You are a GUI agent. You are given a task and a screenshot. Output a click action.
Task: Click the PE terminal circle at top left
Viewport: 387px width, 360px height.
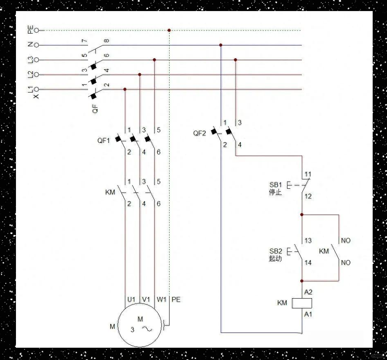click(x=36, y=30)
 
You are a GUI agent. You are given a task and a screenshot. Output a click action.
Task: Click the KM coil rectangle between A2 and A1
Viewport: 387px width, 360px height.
click(x=302, y=303)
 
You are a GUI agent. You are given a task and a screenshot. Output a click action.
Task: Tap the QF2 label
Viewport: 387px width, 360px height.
click(x=199, y=133)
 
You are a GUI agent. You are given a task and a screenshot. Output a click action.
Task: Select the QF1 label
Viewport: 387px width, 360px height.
click(x=104, y=140)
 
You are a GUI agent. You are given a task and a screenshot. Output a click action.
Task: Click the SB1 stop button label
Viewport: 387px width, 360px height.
click(x=275, y=185)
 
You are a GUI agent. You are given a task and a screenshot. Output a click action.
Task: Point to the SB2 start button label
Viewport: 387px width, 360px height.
click(x=275, y=251)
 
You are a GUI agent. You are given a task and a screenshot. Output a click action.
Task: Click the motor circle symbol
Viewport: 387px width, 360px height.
click(x=140, y=326)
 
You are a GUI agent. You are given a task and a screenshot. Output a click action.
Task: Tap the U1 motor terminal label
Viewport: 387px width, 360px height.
click(x=131, y=300)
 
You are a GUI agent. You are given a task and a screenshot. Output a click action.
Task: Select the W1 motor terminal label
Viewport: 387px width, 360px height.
click(x=161, y=300)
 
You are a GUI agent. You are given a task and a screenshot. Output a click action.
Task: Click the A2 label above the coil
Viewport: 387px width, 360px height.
click(x=308, y=292)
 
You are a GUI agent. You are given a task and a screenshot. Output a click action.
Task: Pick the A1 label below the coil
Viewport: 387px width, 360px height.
click(x=308, y=314)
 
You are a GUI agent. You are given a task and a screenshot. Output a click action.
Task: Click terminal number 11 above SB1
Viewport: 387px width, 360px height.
click(x=308, y=174)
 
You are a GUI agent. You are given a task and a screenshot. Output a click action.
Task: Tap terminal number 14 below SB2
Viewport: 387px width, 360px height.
click(x=308, y=263)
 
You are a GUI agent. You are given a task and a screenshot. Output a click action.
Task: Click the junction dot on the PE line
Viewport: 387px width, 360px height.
click(x=169, y=30)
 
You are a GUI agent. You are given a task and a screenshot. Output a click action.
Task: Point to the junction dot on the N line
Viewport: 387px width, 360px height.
click(x=221, y=45)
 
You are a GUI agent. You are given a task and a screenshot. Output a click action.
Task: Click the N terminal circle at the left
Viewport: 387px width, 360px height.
click(x=36, y=45)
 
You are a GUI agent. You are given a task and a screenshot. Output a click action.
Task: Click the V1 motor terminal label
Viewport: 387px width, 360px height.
click(x=146, y=300)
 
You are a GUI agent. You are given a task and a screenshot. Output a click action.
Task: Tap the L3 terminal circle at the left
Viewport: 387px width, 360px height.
click(x=36, y=60)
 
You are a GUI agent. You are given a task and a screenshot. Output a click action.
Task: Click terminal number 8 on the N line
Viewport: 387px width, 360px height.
click(x=107, y=41)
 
